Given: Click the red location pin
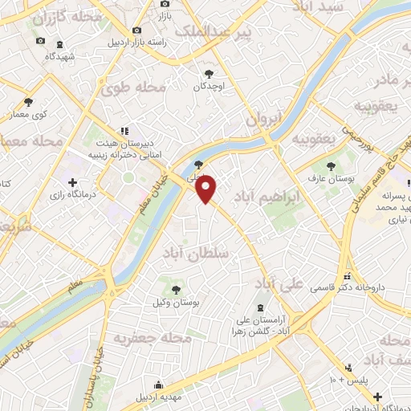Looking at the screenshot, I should point(207,189).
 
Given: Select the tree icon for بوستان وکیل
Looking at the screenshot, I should point(175,290).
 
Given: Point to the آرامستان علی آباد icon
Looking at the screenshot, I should point(258,307).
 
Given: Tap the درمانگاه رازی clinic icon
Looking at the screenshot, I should point(73,182).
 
